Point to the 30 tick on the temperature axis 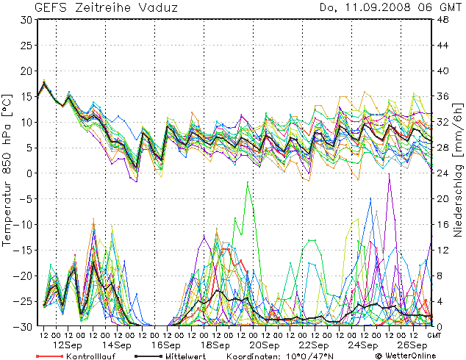coord(26,20)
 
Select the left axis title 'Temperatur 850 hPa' coord(7,169)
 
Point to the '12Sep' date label coord(68,345)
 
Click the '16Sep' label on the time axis coord(167,345)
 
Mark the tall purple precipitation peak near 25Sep coord(389,174)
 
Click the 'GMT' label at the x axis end coord(434,335)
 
